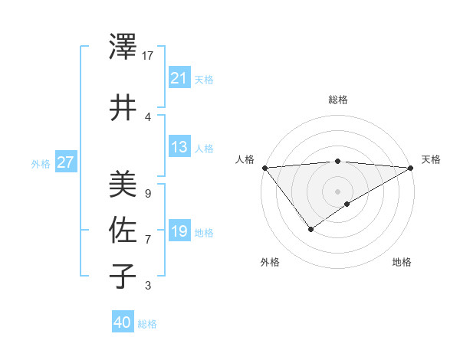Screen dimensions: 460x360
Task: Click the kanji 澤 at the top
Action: coord(123,47)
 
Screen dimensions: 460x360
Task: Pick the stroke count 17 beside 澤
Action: coord(148,56)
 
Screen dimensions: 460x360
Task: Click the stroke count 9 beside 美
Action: coord(147,194)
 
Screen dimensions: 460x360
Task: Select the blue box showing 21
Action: coord(179,78)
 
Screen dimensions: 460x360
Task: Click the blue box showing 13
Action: coord(179,147)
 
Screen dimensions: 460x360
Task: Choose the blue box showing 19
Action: coord(179,231)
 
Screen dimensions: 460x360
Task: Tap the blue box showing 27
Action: coord(65,162)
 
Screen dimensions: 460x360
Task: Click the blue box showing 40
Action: coord(122,323)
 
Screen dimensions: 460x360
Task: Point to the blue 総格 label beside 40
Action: coord(147,324)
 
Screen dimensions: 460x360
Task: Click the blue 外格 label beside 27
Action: coord(41,163)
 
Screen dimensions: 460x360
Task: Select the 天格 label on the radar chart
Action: coord(432,159)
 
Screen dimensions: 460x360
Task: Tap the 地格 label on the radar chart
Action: coord(402,262)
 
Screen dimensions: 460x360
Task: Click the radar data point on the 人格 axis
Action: coord(264,168)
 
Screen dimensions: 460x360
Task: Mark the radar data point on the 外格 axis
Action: coord(310,229)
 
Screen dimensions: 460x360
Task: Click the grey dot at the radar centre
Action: coord(337,191)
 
